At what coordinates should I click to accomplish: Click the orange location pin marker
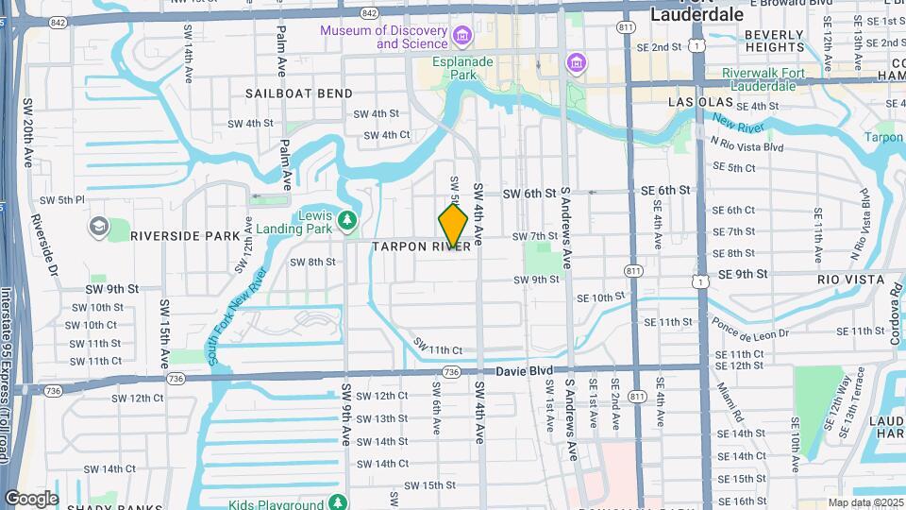pyautogui.click(x=453, y=227)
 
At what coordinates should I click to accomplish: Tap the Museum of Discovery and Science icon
pyautogui.click(x=462, y=37)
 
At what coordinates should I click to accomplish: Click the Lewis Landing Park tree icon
pyautogui.click(x=348, y=221)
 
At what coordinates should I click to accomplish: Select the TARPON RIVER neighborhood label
pyautogui.click(x=421, y=246)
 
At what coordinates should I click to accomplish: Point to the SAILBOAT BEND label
pyautogui.click(x=299, y=93)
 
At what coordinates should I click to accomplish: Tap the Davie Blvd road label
pyautogui.click(x=520, y=370)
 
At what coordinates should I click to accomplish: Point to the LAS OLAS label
pyautogui.click(x=700, y=101)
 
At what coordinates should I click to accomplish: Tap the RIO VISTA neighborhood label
pyautogui.click(x=851, y=280)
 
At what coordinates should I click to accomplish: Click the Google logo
pyautogui.click(x=31, y=498)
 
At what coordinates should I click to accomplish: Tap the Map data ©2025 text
pyautogui.click(x=865, y=503)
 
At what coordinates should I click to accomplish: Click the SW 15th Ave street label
pyautogui.click(x=164, y=333)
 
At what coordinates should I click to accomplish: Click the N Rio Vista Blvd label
pyautogui.click(x=747, y=146)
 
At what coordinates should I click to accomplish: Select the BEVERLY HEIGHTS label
pyautogui.click(x=774, y=41)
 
